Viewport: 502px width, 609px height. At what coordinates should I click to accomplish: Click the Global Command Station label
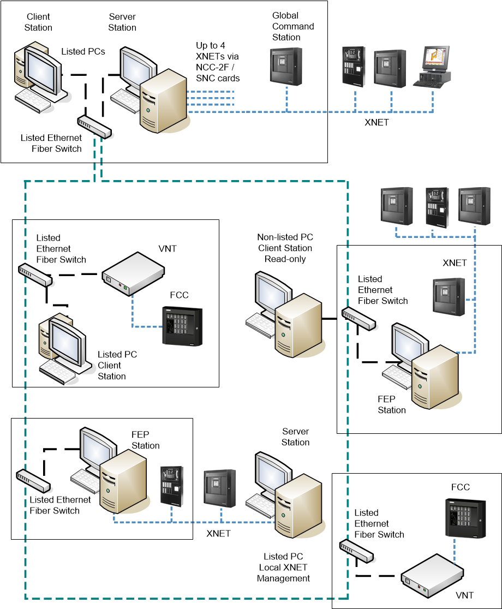click(x=293, y=26)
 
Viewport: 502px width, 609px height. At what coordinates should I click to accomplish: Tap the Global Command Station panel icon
click(x=286, y=66)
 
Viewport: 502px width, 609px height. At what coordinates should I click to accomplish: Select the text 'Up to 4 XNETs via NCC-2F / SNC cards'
click(x=218, y=62)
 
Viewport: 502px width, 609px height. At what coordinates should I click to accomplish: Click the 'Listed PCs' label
click(x=83, y=51)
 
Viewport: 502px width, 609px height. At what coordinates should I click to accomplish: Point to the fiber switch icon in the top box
click(x=94, y=126)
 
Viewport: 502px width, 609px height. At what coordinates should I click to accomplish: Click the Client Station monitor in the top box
click(x=41, y=70)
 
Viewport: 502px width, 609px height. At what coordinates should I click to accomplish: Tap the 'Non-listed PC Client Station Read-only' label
click(x=285, y=248)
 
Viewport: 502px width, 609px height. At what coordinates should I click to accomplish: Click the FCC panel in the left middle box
click(x=182, y=326)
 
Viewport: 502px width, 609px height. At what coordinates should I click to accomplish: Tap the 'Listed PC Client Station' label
click(x=117, y=365)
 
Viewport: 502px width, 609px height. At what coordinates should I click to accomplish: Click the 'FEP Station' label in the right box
click(x=392, y=404)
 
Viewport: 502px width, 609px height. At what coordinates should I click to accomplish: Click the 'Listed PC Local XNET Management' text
click(x=283, y=567)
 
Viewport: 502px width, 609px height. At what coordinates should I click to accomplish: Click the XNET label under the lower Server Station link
click(x=218, y=533)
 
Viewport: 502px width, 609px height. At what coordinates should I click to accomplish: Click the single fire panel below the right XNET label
click(x=449, y=296)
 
